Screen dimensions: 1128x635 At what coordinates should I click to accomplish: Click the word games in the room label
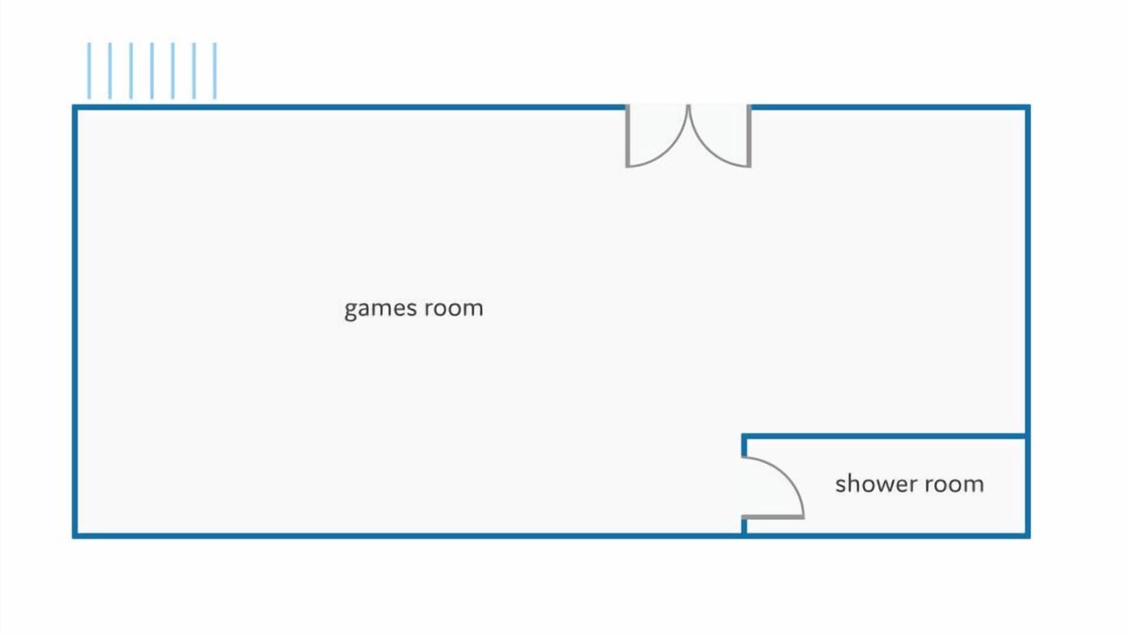[x=381, y=309]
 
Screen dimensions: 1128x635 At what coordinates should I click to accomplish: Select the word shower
[x=875, y=484]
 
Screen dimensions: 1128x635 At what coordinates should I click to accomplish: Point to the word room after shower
[x=954, y=484]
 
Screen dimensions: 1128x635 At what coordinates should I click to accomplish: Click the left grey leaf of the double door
[x=628, y=136]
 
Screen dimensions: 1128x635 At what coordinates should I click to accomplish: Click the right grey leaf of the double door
[x=749, y=136]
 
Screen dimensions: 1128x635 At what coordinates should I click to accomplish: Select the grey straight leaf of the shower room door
[x=773, y=517]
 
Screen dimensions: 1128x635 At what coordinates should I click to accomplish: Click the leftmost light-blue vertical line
[x=89, y=71]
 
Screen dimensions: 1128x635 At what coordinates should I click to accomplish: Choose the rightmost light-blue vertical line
[x=215, y=71]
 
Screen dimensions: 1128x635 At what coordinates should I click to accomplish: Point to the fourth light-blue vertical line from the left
[x=152, y=71]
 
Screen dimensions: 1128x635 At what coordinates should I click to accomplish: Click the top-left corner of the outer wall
[x=75, y=108]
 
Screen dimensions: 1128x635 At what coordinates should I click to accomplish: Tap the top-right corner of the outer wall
[x=1028, y=108]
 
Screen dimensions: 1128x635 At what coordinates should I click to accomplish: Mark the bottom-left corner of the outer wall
[x=75, y=535]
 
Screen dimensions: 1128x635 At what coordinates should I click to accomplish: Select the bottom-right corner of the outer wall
[x=1028, y=535]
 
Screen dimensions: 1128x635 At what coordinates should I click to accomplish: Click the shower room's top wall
[x=884, y=436]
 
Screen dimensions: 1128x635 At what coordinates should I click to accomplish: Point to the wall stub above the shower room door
[x=745, y=445]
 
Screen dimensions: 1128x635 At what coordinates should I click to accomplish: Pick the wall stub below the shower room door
[x=745, y=527]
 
